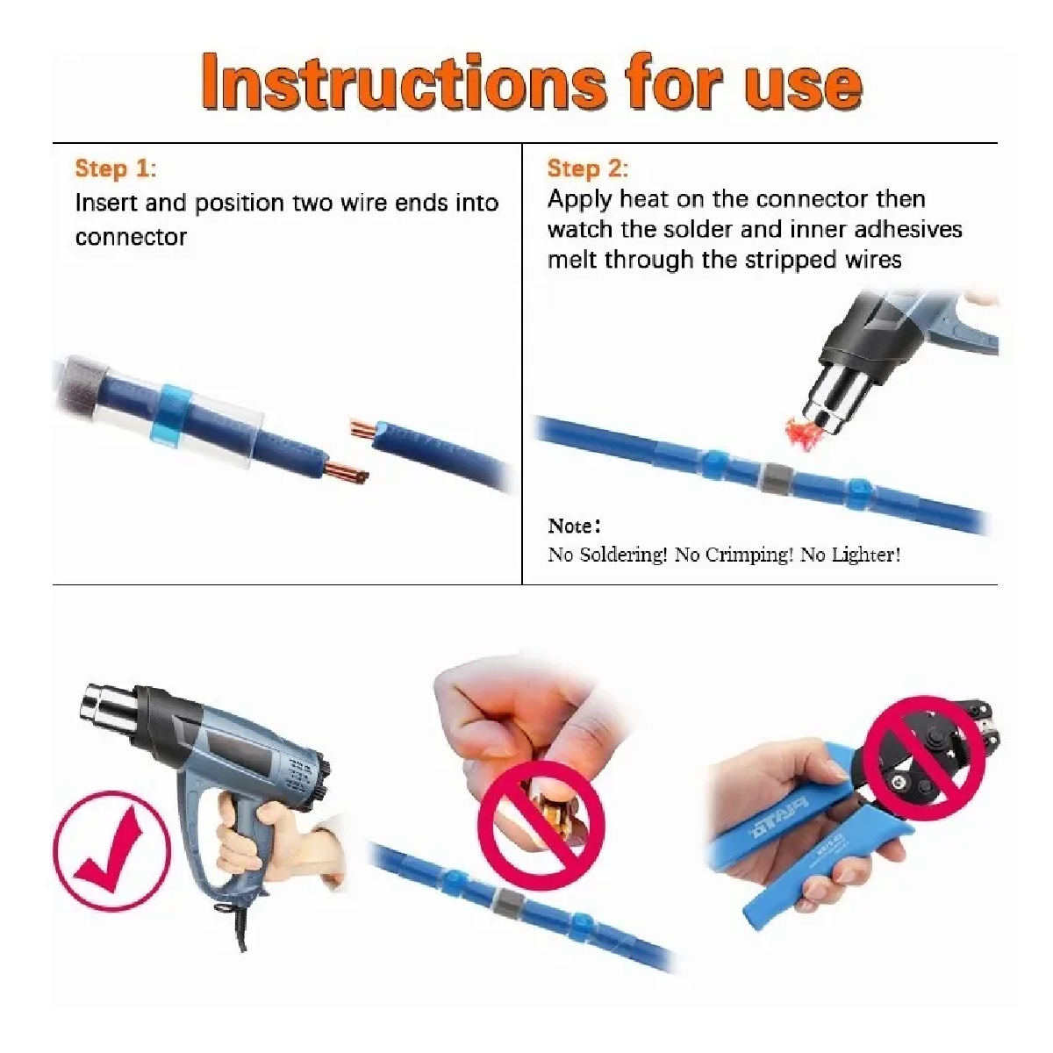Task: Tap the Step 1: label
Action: [x=116, y=168]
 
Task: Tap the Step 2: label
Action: [x=588, y=168]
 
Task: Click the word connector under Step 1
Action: [x=131, y=237]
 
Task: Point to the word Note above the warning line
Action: [x=569, y=526]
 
